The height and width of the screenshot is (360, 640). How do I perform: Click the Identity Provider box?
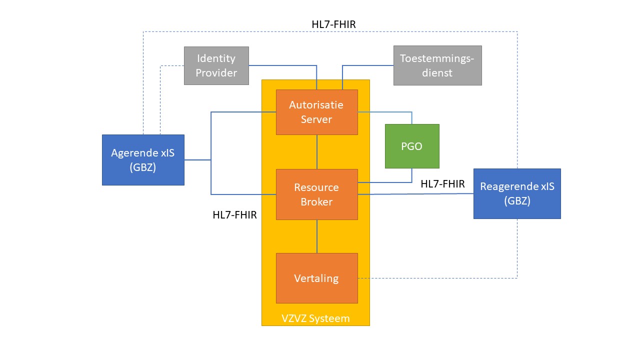click(x=216, y=65)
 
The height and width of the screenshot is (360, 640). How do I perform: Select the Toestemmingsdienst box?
click(x=437, y=65)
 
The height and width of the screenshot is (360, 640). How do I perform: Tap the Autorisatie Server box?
click(x=316, y=112)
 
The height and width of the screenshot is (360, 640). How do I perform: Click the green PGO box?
click(x=412, y=146)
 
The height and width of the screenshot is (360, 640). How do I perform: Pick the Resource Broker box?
click(x=316, y=194)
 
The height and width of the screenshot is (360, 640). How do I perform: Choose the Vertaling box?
click(x=316, y=278)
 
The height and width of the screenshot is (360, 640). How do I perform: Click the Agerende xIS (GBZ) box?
click(x=143, y=160)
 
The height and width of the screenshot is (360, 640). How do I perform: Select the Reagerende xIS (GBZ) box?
click(x=517, y=193)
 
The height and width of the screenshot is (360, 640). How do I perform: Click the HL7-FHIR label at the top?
click(x=333, y=24)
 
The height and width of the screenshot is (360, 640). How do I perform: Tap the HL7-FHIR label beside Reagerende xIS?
click(x=443, y=184)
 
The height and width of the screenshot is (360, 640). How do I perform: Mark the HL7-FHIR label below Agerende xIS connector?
click(x=234, y=215)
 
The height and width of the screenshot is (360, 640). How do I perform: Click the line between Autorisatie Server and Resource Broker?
click(x=317, y=152)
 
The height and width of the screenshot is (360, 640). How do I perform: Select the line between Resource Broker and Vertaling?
click(x=317, y=236)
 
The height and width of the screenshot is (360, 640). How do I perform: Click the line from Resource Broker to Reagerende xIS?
click(x=415, y=194)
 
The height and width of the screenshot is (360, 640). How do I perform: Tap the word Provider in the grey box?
click(x=216, y=72)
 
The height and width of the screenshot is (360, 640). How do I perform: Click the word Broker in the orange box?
click(x=316, y=201)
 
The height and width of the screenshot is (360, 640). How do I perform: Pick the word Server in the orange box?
click(x=316, y=119)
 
